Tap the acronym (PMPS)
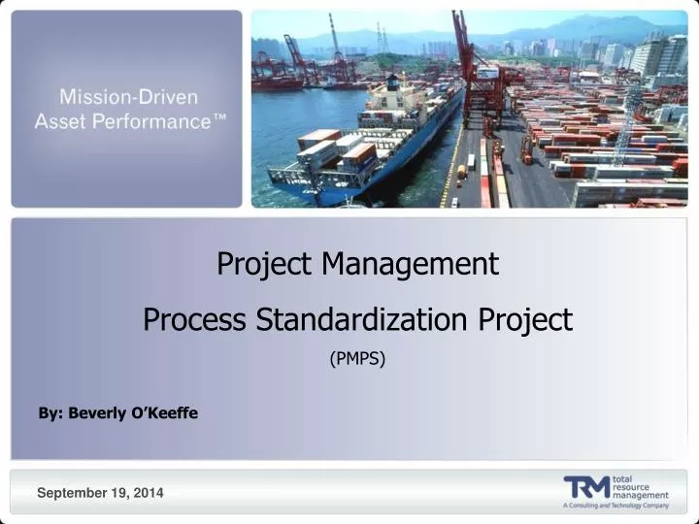click(x=357, y=359)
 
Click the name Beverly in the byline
click(x=95, y=413)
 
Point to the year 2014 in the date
click(x=149, y=494)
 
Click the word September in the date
click(x=70, y=494)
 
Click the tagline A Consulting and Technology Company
click(x=616, y=506)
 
